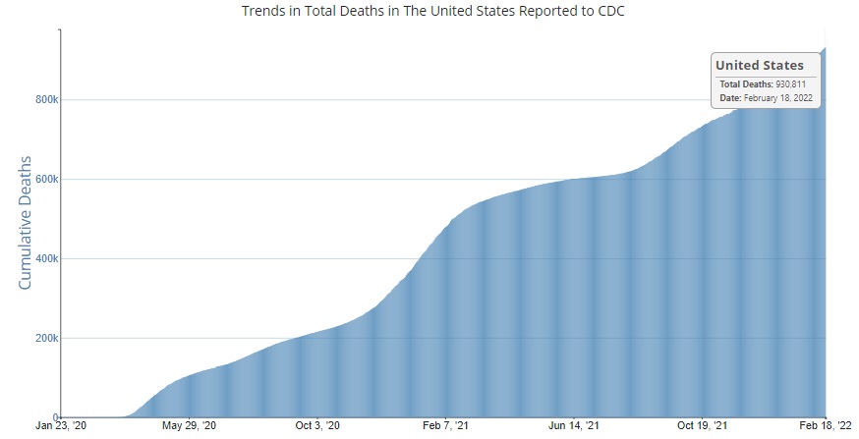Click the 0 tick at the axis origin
(57, 417)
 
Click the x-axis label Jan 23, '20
(61, 427)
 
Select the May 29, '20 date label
(189, 427)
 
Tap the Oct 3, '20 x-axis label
(316, 427)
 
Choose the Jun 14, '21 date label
(572, 427)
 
